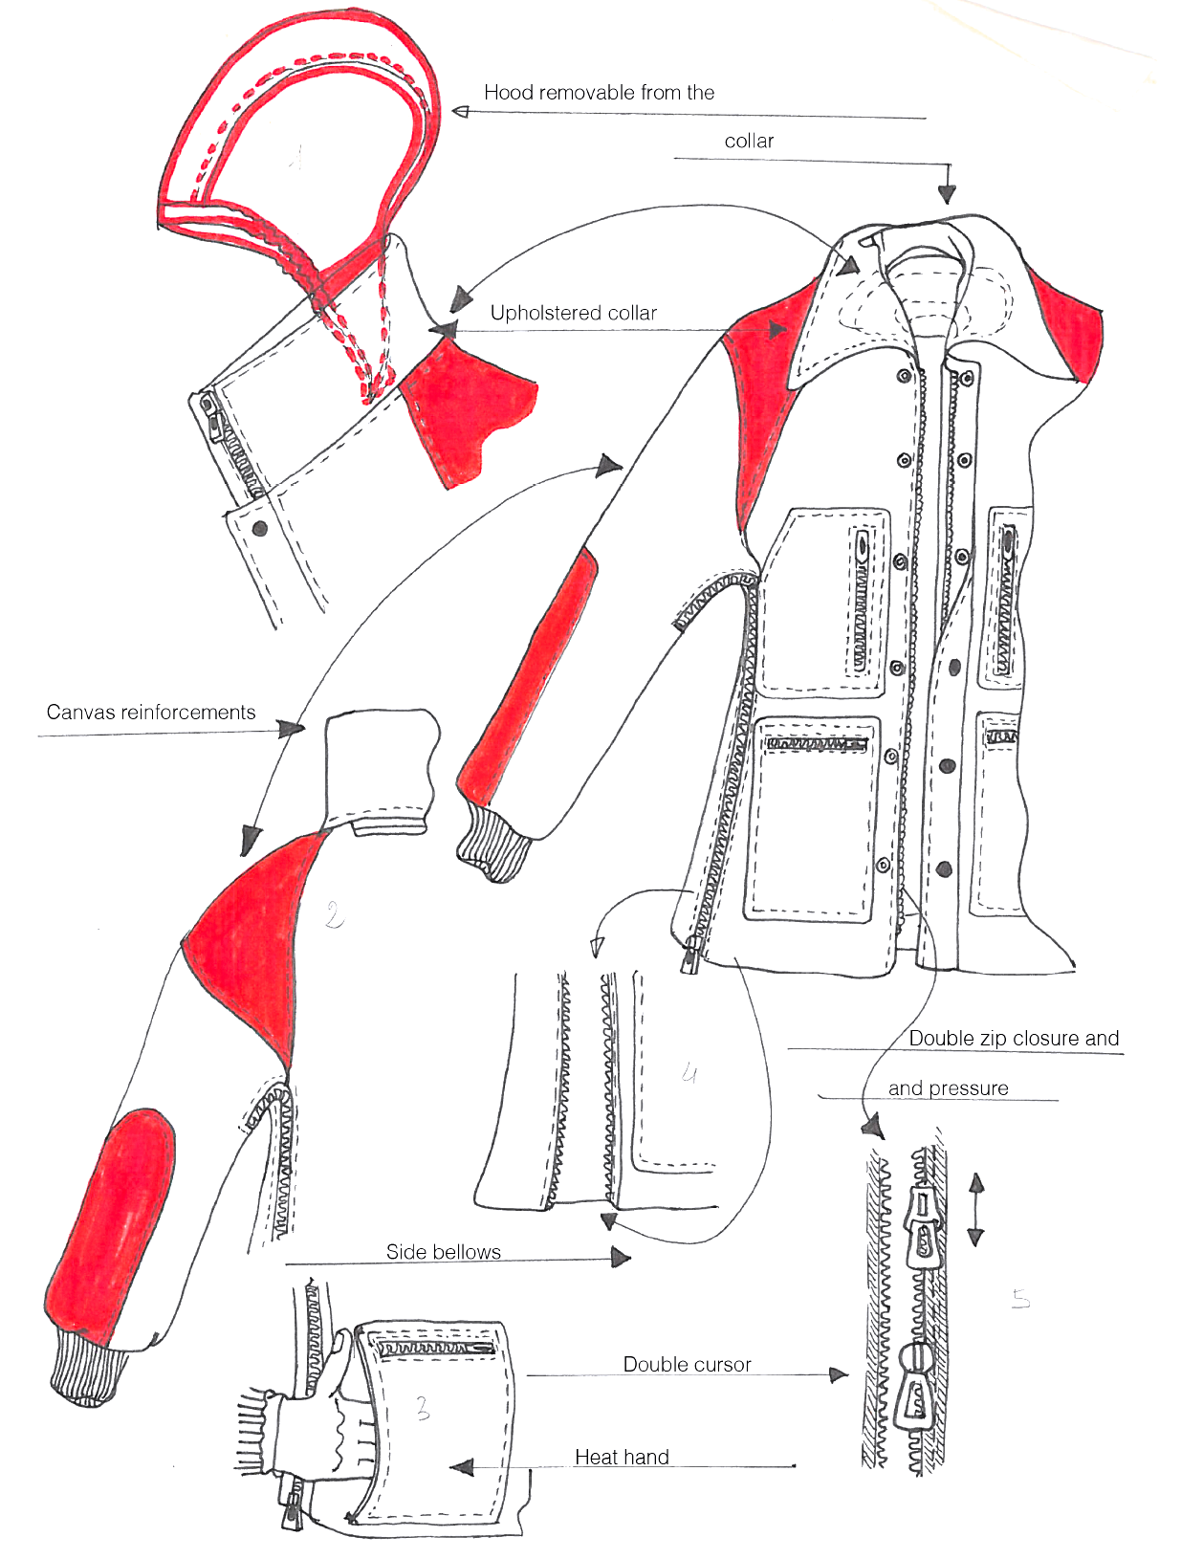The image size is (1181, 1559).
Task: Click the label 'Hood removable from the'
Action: pyautogui.click(x=599, y=93)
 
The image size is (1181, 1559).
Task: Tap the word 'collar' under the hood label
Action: pyautogui.click(x=749, y=142)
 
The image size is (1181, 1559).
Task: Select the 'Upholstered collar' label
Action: pyautogui.click(x=573, y=313)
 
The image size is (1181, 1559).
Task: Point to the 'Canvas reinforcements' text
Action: pyautogui.click(x=151, y=713)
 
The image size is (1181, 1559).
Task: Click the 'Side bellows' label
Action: pyautogui.click(x=443, y=1252)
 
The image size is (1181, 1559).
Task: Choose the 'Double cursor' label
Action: pyautogui.click(x=687, y=1365)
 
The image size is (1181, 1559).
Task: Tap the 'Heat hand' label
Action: pyautogui.click(x=622, y=1458)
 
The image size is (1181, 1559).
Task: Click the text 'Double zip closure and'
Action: pyautogui.click(x=1014, y=1039)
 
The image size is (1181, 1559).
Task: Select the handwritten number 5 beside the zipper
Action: pyautogui.click(x=1021, y=1299)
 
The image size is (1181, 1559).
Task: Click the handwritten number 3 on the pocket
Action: pyautogui.click(x=423, y=1408)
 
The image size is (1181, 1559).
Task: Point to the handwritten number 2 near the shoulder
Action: pyautogui.click(x=333, y=915)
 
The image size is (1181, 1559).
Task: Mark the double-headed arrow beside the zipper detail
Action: pyautogui.click(x=975, y=1210)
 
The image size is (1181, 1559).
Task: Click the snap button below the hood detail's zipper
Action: pyautogui.click(x=258, y=527)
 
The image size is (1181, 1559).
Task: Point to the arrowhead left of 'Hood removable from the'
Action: pyautogui.click(x=462, y=112)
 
